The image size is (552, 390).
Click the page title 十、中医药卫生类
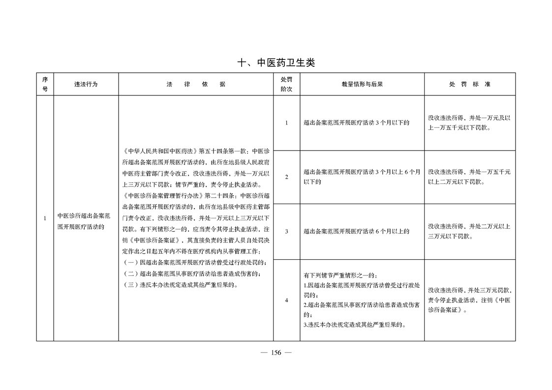tap(276, 63)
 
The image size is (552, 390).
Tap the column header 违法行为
tap(86, 84)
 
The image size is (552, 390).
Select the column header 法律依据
tap(196, 84)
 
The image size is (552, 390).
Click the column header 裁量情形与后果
tap(362, 84)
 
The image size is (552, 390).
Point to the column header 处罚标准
tap(469, 84)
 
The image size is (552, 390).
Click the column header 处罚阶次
tap(286, 84)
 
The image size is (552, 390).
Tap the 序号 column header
tap(45, 84)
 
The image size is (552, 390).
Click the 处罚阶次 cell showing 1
tap(286, 123)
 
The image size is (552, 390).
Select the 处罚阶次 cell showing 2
tap(286, 177)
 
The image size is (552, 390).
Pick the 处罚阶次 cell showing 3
tap(286, 231)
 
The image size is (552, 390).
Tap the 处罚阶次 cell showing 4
tap(286, 300)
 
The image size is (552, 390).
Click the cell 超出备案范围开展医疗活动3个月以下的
tap(357, 123)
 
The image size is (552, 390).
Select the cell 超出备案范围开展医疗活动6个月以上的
tap(357, 231)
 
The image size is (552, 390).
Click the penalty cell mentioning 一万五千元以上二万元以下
tap(469, 177)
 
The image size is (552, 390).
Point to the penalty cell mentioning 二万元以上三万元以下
tap(469, 231)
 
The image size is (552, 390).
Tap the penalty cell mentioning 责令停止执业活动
tap(469, 300)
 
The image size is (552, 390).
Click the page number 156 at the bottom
tap(276, 353)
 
